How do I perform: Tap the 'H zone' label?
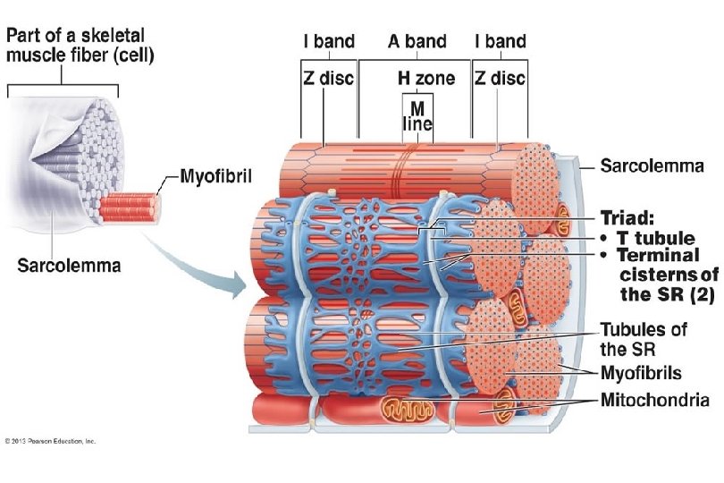(x=425, y=78)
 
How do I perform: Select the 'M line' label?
(x=417, y=116)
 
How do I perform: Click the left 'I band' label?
(x=327, y=41)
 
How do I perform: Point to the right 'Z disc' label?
(x=500, y=78)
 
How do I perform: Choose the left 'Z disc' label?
(x=327, y=78)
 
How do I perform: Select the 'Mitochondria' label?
(x=655, y=400)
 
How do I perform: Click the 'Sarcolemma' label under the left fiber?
(x=69, y=265)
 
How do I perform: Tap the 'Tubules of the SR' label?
(x=643, y=338)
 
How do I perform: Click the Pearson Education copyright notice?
(x=50, y=441)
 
